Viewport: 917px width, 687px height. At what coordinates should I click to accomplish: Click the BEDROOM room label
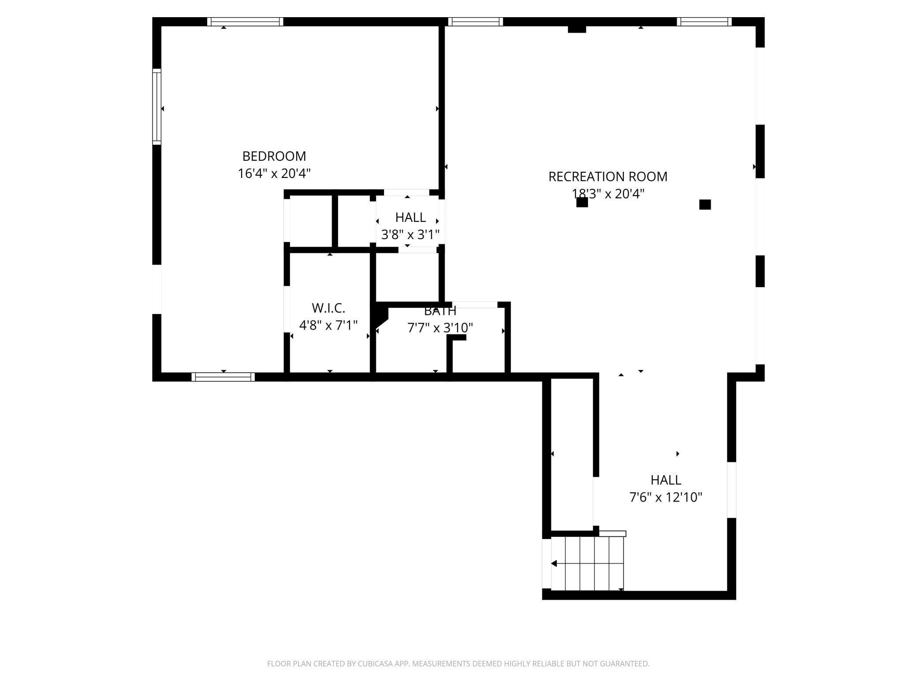tap(274, 156)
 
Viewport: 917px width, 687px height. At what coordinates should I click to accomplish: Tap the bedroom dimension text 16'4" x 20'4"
tap(274, 174)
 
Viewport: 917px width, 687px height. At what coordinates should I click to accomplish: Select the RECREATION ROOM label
tap(608, 177)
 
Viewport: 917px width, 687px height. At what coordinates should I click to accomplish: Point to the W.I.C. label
tap(328, 308)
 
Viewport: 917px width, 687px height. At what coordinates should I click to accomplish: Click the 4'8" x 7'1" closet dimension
tap(328, 325)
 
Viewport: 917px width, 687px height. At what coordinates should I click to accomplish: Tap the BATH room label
tap(440, 311)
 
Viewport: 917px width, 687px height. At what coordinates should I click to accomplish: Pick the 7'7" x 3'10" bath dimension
tap(440, 328)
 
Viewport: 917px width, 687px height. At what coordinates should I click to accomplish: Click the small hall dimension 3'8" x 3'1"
tap(410, 235)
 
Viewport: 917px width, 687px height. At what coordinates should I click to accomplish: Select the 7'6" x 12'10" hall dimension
tap(666, 497)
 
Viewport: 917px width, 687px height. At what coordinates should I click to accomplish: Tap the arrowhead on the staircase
tap(554, 564)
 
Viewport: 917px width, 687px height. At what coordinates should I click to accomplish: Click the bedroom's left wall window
tap(157, 107)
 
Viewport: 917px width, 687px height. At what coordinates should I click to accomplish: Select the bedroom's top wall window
tap(245, 22)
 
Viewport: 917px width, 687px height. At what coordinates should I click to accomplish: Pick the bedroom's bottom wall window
tap(223, 377)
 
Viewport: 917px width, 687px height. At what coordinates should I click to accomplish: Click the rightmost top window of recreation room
tap(704, 22)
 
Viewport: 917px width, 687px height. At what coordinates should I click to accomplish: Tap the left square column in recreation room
tap(582, 202)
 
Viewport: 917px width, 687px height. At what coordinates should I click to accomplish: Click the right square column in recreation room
tap(705, 204)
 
